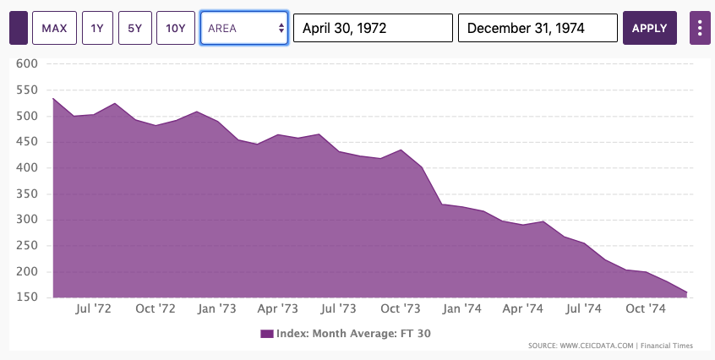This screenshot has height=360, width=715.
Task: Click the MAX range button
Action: (x=55, y=28)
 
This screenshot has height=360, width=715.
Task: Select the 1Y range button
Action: (x=97, y=28)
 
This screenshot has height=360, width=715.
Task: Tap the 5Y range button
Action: (x=134, y=28)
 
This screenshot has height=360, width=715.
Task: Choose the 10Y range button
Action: (x=176, y=28)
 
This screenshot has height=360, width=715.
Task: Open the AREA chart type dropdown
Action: (x=244, y=28)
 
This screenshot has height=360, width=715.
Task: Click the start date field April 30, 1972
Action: (x=373, y=28)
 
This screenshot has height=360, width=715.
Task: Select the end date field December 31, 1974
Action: (x=538, y=28)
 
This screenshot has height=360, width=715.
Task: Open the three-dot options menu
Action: (x=699, y=28)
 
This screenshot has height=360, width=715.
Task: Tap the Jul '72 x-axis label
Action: (x=94, y=309)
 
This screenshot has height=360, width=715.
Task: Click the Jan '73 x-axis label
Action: (x=217, y=309)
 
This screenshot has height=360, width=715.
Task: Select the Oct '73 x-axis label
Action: (x=401, y=309)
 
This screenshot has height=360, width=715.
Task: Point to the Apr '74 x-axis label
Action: (x=523, y=309)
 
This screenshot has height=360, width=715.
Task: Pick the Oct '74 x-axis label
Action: (x=646, y=309)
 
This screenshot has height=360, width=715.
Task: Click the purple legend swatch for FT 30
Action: (x=267, y=334)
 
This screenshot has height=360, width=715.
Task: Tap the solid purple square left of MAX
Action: (x=19, y=28)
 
